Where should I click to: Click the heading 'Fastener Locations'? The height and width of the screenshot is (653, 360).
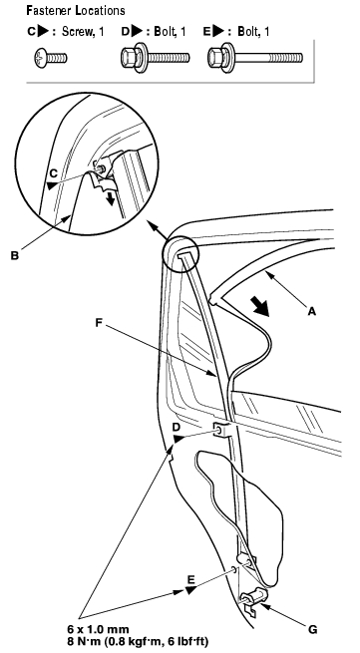pyautogui.click(x=76, y=10)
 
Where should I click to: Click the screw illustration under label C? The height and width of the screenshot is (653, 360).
pyautogui.click(x=49, y=58)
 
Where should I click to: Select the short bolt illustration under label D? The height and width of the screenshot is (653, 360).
pyautogui.click(x=155, y=57)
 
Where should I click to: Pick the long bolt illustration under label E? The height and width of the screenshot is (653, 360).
pyautogui.click(x=255, y=57)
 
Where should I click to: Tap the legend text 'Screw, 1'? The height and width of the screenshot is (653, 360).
pyautogui.click(x=83, y=32)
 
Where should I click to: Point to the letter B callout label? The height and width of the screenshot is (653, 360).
pyautogui.click(x=15, y=255)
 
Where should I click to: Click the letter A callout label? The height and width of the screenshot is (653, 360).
pyautogui.click(x=311, y=310)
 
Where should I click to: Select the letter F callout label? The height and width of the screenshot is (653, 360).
pyautogui.click(x=99, y=322)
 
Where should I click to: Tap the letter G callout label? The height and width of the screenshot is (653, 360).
pyautogui.click(x=313, y=629)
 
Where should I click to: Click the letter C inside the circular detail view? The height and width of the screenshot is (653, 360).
pyautogui.click(x=53, y=172)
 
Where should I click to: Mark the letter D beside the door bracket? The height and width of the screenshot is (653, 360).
pyautogui.click(x=177, y=428)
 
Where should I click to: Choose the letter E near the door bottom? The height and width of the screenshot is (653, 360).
pyautogui.click(x=190, y=579)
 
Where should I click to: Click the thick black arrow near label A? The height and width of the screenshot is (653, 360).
pyautogui.click(x=261, y=305)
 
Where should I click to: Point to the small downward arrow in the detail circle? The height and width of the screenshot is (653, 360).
pyautogui.click(x=111, y=197)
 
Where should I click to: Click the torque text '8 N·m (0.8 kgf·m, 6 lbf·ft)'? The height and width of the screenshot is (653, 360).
pyautogui.click(x=138, y=640)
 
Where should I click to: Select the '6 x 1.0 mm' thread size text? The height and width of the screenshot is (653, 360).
pyautogui.click(x=98, y=629)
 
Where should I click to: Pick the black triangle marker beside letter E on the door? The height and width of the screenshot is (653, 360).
pyautogui.click(x=190, y=590)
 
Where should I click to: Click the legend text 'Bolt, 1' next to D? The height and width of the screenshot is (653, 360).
pyautogui.click(x=170, y=32)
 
